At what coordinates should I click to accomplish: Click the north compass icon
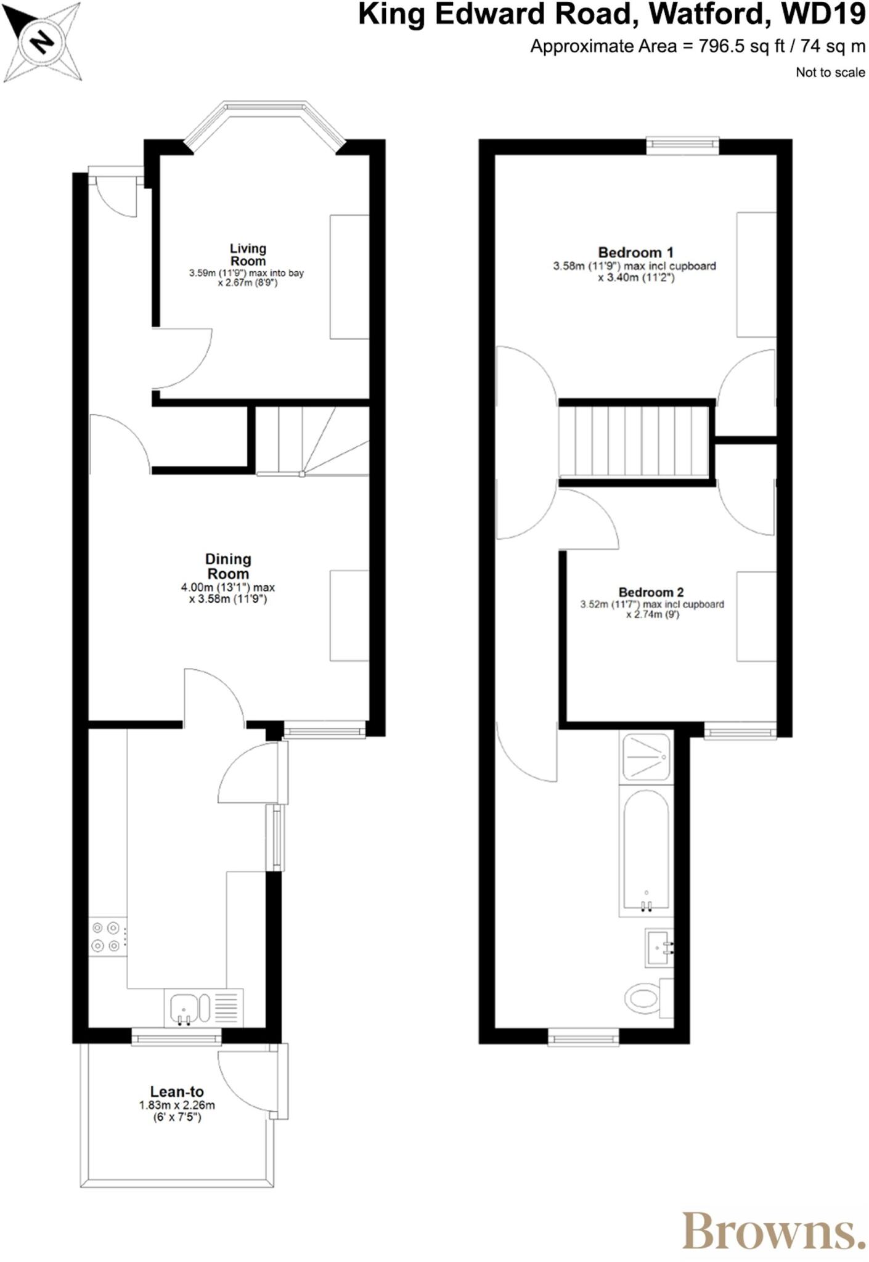pos(42,42)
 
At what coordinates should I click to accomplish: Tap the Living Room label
pos(248,254)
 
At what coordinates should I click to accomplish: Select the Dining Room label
pos(228,566)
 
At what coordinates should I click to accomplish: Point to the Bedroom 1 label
pos(635,252)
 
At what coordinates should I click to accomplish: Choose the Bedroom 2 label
pos(651,592)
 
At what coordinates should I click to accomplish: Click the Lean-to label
pos(177,1092)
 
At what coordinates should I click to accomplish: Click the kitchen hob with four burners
pos(106,937)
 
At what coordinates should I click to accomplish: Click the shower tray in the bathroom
pos(646,757)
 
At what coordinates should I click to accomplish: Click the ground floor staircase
pos(311,440)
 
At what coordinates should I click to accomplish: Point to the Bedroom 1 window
pos(682,145)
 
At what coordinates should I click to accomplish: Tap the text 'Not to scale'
pos(830,72)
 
